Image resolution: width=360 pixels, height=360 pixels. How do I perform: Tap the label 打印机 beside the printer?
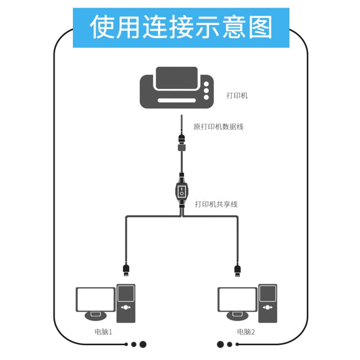click(x=237, y=95)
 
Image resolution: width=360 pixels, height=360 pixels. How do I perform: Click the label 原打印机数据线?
click(x=218, y=127)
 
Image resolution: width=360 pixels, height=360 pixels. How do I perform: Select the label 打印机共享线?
click(x=216, y=204)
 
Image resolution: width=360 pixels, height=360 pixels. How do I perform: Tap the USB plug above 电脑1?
click(x=126, y=270)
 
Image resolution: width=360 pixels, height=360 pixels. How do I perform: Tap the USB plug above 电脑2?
click(x=238, y=270)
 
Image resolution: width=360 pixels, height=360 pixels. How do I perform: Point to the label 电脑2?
click(x=246, y=333)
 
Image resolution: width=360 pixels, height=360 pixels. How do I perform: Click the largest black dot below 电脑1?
click(x=143, y=345)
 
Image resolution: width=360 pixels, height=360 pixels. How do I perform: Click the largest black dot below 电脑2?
click(x=220, y=345)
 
